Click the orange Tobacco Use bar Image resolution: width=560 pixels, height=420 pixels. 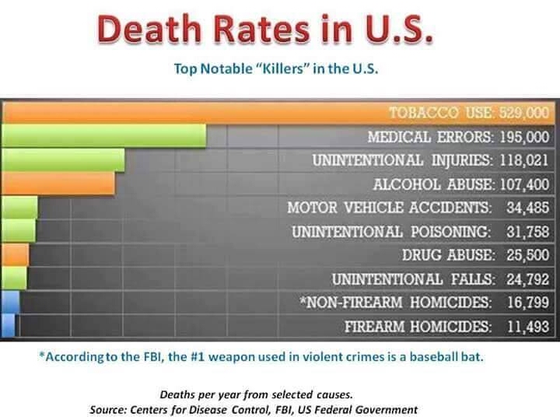click(278, 113)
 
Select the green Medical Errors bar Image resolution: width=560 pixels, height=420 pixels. click(104, 135)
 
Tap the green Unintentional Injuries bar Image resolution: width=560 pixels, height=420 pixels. click(63, 160)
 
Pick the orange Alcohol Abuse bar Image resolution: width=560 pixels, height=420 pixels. click(58, 184)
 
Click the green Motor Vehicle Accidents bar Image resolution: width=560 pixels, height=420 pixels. click(19, 207)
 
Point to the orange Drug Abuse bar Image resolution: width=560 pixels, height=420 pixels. click(15, 254)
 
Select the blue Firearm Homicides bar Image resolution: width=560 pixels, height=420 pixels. click(9, 325)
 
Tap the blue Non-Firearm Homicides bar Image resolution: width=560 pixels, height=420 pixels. click(10, 302)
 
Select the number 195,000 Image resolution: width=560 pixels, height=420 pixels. click(524, 137)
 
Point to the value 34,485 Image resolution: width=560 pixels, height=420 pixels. click(527, 208)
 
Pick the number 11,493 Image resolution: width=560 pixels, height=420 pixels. click(528, 327)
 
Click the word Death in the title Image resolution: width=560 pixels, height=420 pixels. click(149, 29)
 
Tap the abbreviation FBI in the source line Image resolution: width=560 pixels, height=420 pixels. click(284, 410)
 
